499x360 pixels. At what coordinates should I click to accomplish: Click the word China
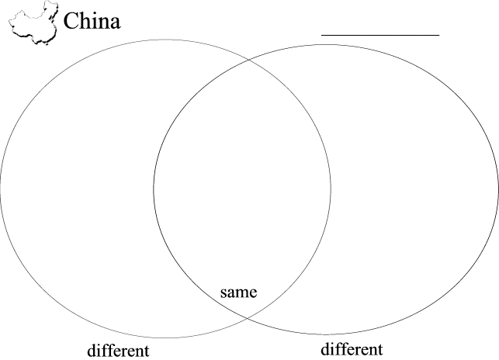(92, 21)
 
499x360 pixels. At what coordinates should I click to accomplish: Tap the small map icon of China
(36, 22)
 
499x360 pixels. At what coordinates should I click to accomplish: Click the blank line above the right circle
(380, 35)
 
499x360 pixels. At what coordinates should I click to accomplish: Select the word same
(238, 292)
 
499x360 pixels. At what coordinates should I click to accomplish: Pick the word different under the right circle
(352, 348)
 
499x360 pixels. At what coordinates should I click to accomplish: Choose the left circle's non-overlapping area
(78, 186)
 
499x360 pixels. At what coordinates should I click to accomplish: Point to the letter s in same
(224, 293)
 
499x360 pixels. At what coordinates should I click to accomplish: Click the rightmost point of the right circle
(497, 188)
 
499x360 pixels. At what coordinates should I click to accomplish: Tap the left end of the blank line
(323, 35)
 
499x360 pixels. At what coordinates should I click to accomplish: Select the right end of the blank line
(438, 35)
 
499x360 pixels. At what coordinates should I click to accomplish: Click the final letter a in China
(115, 23)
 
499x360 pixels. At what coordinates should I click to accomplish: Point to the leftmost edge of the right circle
(153, 188)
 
